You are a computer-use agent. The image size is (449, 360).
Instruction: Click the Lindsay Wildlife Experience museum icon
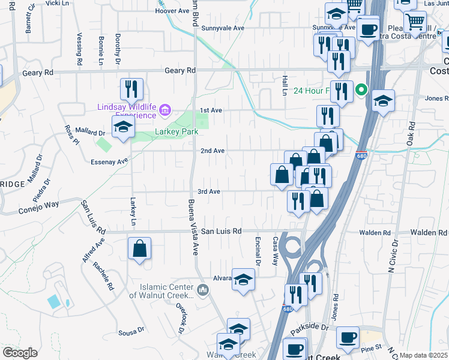(x=166, y=110)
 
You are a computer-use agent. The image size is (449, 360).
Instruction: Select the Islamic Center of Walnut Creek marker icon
(x=203, y=291)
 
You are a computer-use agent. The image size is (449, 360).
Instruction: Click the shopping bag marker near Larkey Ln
(x=139, y=249)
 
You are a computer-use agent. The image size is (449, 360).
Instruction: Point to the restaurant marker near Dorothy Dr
(x=131, y=89)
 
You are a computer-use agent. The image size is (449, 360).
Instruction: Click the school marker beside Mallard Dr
(x=124, y=127)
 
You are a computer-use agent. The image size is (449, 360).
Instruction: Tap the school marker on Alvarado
(x=243, y=280)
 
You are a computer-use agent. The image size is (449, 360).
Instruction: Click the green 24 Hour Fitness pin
(x=361, y=91)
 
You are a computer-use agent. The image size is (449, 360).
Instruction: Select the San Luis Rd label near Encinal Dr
(x=221, y=231)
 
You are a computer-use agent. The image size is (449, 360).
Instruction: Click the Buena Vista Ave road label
(x=193, y=227)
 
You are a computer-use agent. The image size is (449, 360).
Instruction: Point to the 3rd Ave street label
(x=209, y=191)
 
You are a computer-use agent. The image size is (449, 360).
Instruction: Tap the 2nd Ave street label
(x=212, y=151)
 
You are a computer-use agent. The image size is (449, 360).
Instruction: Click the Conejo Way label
(x=39, y=205)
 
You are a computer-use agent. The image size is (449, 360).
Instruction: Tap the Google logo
(x=20, y=353)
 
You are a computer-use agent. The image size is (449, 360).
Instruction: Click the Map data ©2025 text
(x=423, y=355)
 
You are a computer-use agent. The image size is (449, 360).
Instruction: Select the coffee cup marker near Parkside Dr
(x=348, y=337)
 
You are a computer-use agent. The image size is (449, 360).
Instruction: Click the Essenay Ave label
(x=114, y=161)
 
